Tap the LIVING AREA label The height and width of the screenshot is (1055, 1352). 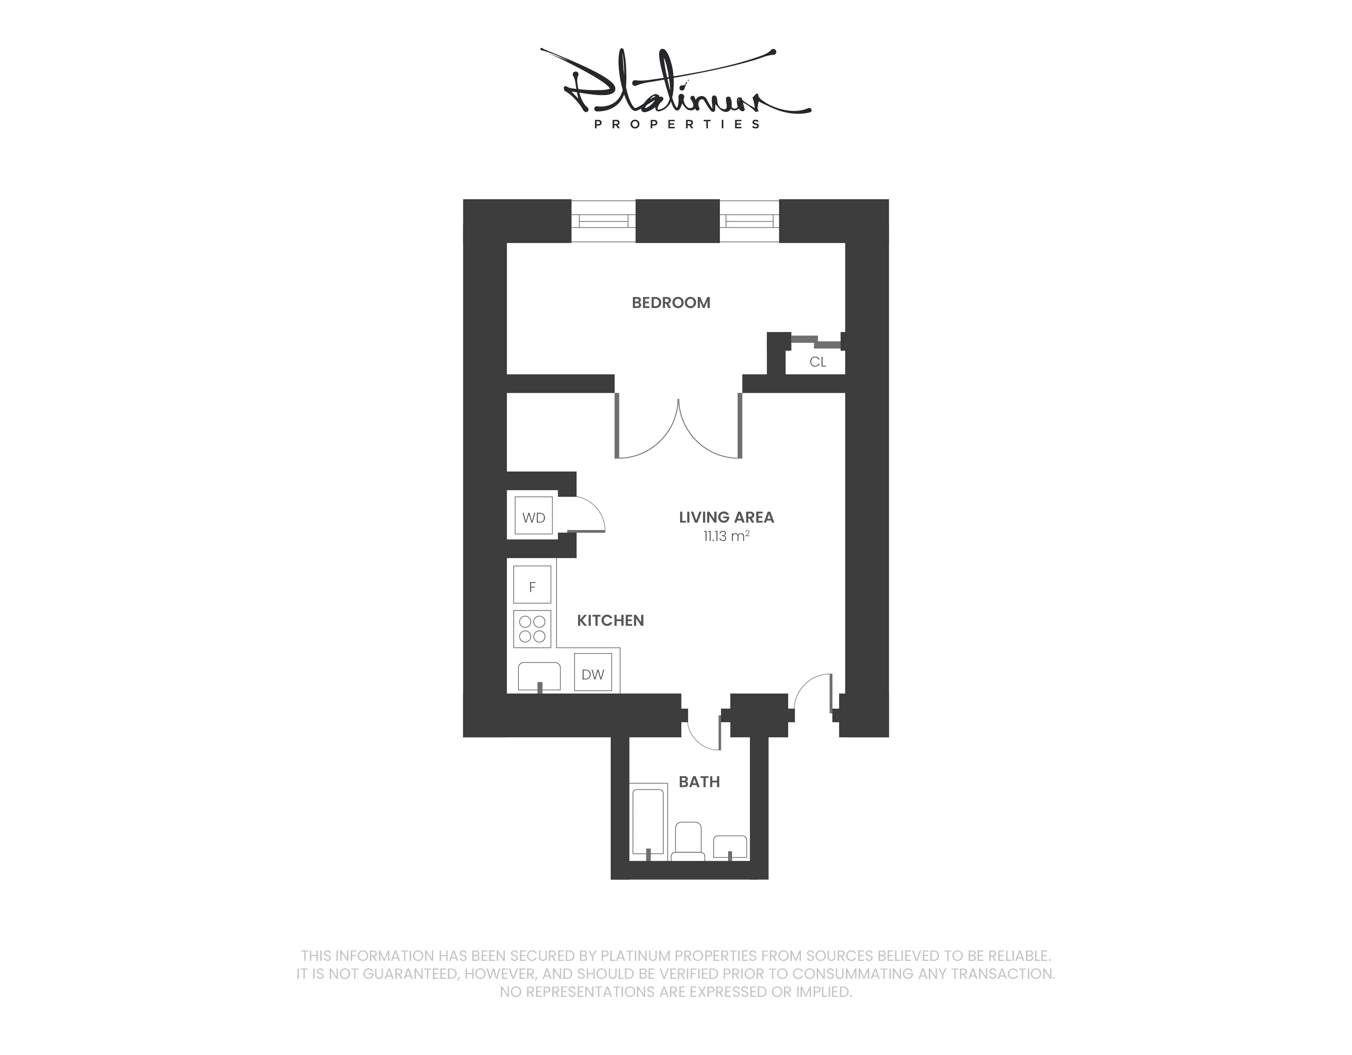(x=726, y=517)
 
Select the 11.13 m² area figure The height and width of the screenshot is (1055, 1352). (x=726, y=536)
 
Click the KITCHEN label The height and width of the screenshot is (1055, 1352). (x=610, y=621)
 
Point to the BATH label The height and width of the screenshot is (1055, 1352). (x=699, y=782)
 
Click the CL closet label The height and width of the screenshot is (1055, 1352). (x=817, y=362)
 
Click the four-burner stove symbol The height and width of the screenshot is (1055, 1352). (x=532, y=628)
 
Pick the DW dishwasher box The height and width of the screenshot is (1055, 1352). (x=592, y=674)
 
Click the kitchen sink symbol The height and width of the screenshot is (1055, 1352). (x=539, y=676)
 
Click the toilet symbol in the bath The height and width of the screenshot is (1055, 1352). (x=688, y=842)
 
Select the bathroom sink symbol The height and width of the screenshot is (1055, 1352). (x=730, y=847)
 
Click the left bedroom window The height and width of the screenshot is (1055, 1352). (x=603, y=221)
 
